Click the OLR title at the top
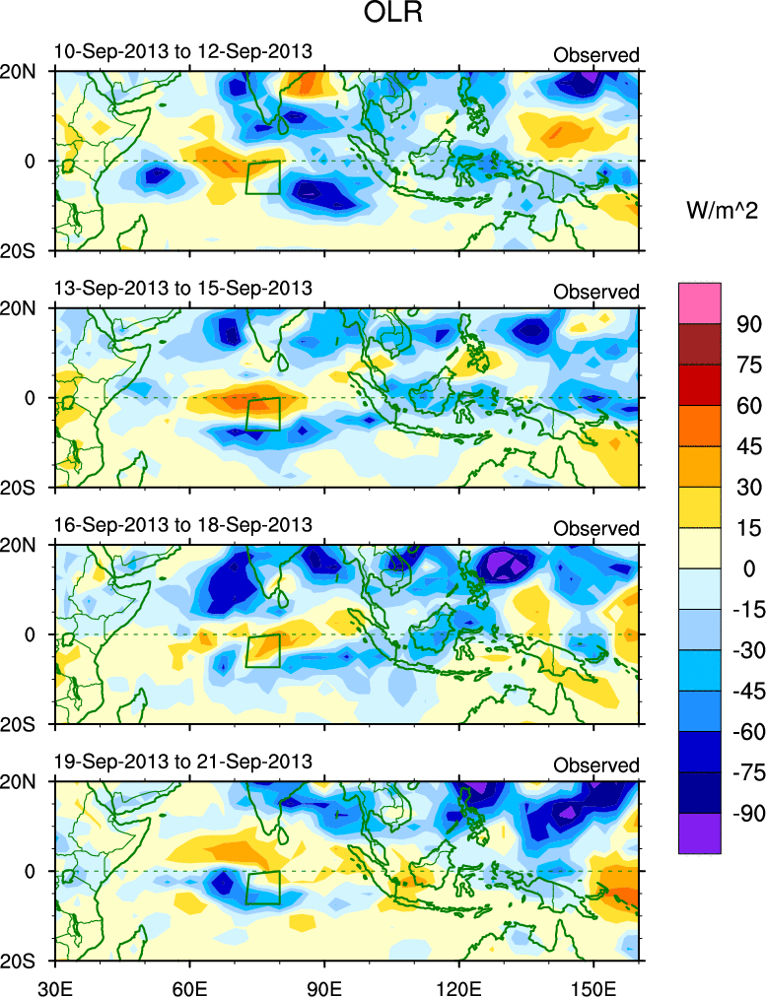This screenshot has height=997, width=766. [383, 16]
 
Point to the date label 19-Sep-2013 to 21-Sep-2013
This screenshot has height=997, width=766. [182, 761]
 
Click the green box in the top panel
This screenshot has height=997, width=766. [263, 177]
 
